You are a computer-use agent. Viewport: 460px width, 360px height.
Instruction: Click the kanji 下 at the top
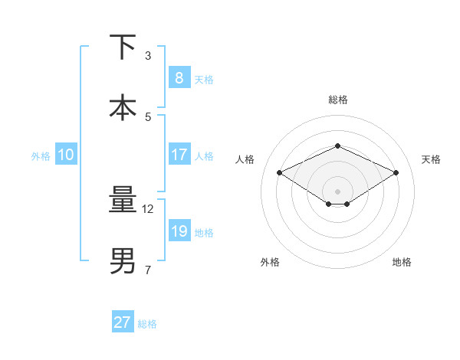(123, 47)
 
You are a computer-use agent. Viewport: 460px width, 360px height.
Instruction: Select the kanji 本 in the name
(123, 107)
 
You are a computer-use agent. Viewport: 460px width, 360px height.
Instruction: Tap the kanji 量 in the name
(123, 200)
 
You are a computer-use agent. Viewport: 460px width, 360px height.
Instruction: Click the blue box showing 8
(179, 77)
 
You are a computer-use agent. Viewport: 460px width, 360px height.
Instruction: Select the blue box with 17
(179, 155)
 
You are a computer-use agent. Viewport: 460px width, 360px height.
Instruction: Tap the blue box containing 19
(179, 231)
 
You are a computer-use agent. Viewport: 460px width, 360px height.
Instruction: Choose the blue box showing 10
(66, 155)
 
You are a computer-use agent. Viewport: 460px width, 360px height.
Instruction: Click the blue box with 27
(123, 322)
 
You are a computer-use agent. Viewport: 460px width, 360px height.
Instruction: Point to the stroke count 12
(149, 208)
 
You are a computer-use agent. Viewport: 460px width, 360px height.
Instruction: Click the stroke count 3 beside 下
(148, 56)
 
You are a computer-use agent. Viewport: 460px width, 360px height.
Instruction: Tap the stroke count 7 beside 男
(148, 270)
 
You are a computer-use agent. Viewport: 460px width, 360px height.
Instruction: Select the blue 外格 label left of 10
(41, 155)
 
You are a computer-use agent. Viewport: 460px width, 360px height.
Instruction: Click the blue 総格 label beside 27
(147, 323)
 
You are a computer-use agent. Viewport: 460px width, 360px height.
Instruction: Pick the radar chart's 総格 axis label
(337, 100)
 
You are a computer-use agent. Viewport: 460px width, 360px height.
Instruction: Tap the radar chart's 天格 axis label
(431, 159)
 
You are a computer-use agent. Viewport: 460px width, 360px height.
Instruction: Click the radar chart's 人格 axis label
(245, 159)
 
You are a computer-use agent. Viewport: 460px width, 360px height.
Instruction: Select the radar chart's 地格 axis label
(402, 262)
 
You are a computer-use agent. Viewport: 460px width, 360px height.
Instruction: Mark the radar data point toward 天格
(396, 173)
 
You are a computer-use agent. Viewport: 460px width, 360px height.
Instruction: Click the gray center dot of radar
(337, 191)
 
